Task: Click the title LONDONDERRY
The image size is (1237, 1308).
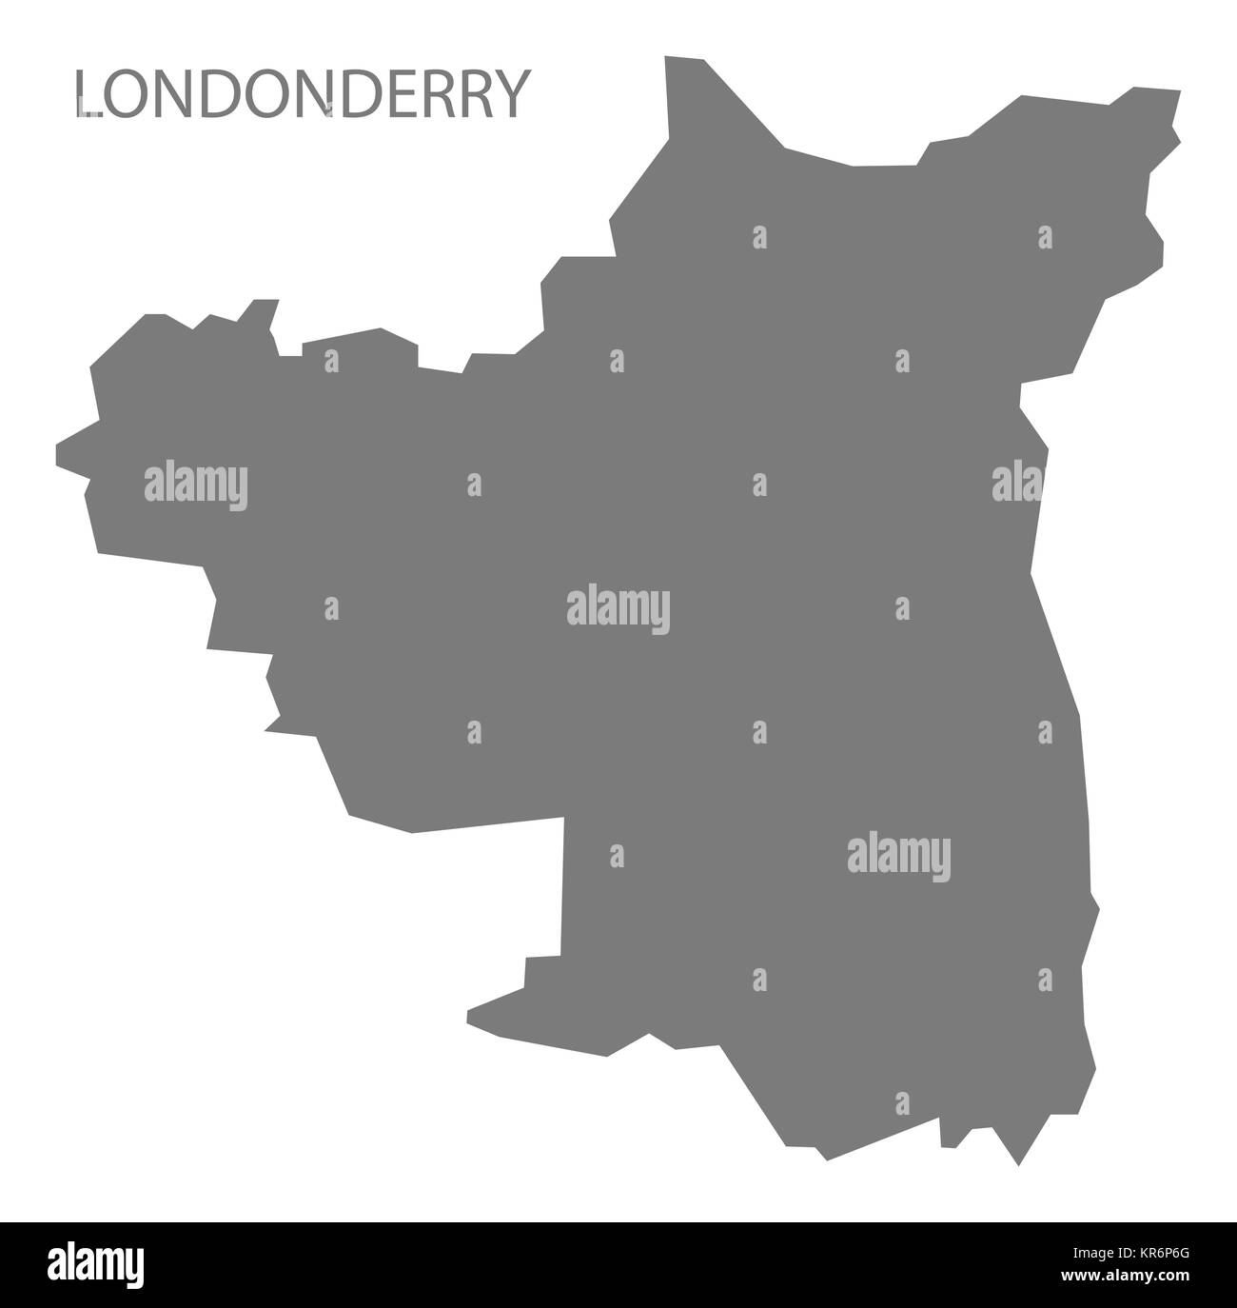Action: pos(300,95)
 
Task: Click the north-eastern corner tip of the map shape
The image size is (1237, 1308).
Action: pos(1178,91)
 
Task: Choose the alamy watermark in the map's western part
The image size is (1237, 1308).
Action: pos(196,485)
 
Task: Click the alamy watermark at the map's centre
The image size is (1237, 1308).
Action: pos(618,609)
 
